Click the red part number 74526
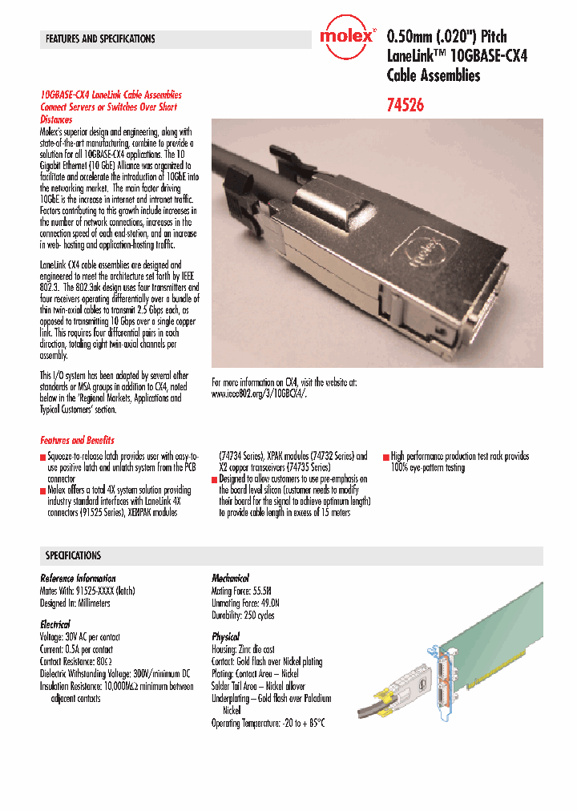406,104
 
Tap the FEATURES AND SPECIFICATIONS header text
100,38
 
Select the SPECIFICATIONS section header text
73,555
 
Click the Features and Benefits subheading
77,440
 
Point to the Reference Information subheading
78,578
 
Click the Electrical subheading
55,623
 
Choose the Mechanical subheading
230,578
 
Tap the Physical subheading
225,636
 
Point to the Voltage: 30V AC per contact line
80,637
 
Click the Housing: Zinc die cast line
243,649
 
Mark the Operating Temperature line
268,723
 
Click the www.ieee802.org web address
260,394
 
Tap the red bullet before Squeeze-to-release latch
43,457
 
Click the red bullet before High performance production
386,457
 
